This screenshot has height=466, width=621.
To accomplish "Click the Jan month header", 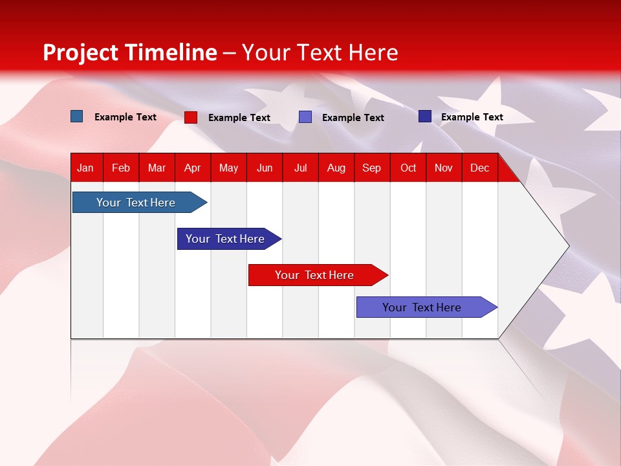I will [85, 168].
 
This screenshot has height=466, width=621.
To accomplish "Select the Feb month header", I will [121, 168].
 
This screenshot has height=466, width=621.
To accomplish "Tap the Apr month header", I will [192, 168].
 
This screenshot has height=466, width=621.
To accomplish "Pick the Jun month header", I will [265, 168].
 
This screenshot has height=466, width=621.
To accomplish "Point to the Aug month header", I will [336, 168].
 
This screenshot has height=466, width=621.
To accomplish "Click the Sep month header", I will [371, 168].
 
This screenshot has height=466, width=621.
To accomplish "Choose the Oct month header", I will [408, 168].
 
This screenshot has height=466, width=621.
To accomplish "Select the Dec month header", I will [479, 168].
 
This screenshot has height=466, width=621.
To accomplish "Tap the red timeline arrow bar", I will [315, 275].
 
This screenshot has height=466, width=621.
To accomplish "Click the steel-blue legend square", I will [77, 116].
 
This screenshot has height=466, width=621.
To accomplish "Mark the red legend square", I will [191, 117].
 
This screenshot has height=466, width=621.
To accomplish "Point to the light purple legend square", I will [305, 117].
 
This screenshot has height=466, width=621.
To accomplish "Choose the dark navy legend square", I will [425, 116].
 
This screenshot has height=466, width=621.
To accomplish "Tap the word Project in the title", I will [81, 52].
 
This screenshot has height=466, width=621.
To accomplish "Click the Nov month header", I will [444, 168].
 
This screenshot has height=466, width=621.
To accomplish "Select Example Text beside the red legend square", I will [239, 118].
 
